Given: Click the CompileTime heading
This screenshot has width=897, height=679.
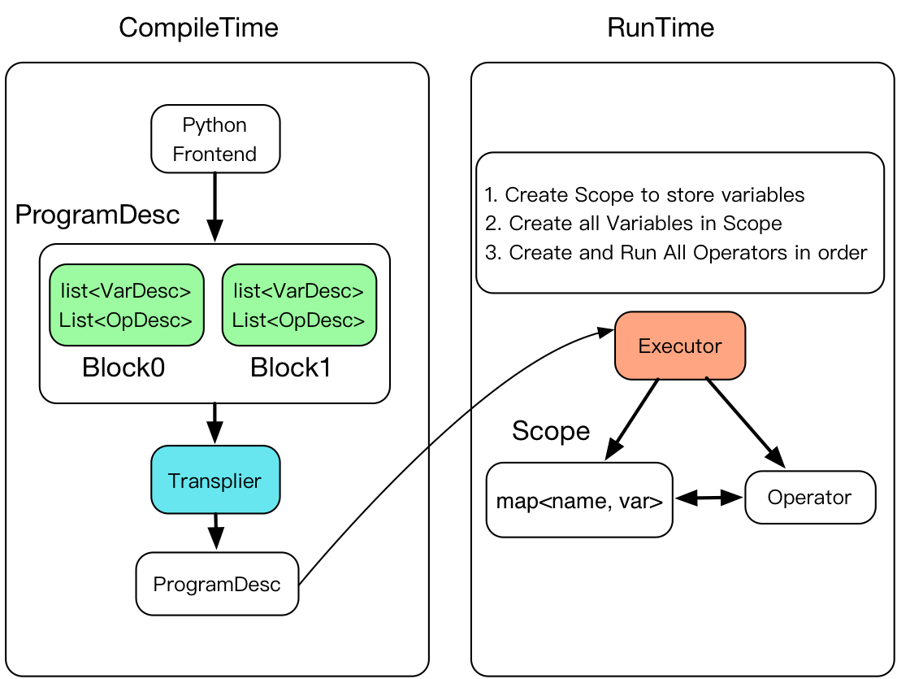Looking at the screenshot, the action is point(198,28).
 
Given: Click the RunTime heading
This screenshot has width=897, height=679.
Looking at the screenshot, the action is point(661,28).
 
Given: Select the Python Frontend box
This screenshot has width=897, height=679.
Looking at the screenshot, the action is point(215,138).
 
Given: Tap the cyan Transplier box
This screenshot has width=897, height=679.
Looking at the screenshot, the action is point(215,480).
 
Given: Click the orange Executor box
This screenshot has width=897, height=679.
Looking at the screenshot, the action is point(680,346).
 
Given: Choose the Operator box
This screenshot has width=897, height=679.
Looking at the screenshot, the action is point(810,497).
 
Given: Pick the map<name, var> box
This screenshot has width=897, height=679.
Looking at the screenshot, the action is point(579,500).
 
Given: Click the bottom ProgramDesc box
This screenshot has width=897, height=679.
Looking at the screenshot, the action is point(217,584).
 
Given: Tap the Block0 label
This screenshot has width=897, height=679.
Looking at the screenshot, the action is point(123,368).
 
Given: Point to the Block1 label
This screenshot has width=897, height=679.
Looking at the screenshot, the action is point(291,368).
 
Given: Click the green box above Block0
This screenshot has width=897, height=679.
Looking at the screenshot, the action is point(127,305).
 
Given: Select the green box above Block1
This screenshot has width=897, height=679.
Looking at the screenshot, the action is point(299,305).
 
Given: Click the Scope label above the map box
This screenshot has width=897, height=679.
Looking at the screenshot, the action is point(551,430).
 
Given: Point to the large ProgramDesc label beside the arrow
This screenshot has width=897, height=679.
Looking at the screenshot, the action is point(97,215).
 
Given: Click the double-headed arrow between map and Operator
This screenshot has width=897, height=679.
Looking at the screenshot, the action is point(708,498).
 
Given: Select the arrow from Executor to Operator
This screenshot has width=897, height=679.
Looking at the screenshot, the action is point(745,423).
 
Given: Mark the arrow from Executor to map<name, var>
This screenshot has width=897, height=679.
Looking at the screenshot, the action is point(631,419).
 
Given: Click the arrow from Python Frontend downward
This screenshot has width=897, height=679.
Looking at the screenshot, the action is point(215,207).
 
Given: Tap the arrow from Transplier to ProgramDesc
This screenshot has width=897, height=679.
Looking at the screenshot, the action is point(215,532).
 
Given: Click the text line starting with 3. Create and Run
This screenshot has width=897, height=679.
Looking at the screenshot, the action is point(676,252).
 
